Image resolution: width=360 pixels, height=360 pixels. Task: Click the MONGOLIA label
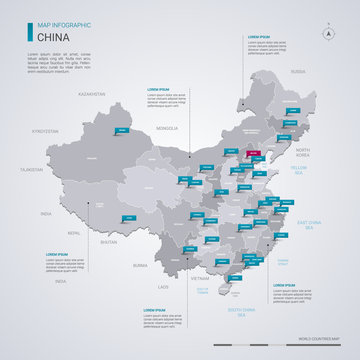(x=166, y=128)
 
